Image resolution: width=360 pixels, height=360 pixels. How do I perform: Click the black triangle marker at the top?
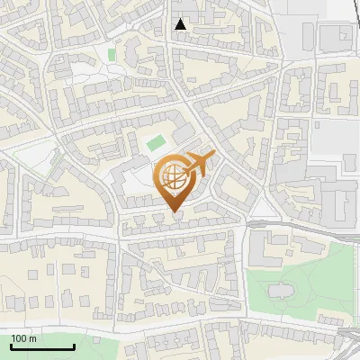181,24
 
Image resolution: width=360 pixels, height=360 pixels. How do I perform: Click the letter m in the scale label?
32,339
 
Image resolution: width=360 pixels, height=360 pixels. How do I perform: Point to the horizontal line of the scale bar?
42,347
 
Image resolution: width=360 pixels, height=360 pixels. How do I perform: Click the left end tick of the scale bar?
11,346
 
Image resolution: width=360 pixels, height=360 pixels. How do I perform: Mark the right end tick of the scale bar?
74,346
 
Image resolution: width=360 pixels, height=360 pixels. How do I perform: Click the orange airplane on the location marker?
199,165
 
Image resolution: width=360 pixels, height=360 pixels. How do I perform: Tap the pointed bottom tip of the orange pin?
175,212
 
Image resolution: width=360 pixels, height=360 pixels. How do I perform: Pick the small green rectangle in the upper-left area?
112,55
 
